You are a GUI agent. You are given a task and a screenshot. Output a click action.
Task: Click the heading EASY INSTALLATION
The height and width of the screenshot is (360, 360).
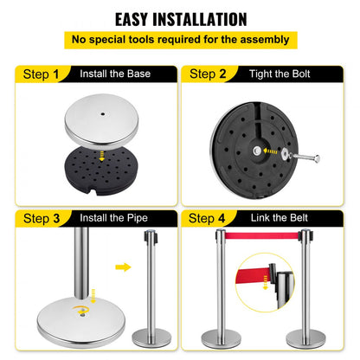pos(180,18)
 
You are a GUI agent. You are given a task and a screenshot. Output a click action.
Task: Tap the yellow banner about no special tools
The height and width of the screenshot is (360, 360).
pos(179,39)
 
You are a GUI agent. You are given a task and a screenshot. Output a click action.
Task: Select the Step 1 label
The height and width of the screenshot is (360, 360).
pos(36,74)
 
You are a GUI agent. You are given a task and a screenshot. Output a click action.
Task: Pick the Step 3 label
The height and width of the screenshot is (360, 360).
pos(36,217)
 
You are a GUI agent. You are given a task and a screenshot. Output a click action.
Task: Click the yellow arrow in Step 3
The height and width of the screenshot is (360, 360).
pos(123,267)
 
